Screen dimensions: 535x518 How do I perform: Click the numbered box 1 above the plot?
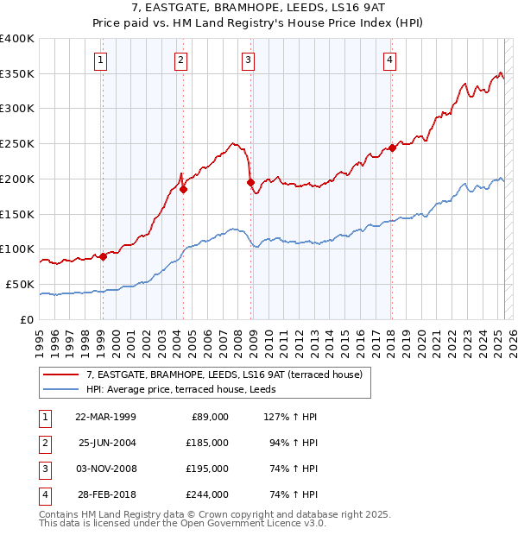[102, 60]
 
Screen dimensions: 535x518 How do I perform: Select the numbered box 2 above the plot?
[180, 60]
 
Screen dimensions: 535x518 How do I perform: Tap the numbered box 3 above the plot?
[248, 60]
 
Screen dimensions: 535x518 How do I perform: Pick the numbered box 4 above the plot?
[390, 60]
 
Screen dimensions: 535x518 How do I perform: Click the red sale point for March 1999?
[103, 256]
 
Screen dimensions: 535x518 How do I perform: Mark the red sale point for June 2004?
[183, 189]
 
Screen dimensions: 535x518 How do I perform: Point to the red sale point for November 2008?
[250, 182]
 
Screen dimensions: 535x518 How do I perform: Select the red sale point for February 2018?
[392, 148]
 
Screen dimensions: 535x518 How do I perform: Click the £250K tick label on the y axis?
[17, 144]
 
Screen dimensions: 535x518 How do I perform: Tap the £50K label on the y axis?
[20, 284]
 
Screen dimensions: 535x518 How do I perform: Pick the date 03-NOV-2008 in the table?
[107, 469]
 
